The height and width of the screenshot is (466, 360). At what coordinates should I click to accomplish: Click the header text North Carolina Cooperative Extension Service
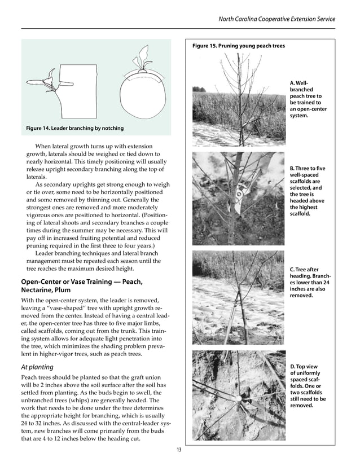point(276,19)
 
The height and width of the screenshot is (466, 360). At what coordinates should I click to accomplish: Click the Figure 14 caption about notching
point(74,128)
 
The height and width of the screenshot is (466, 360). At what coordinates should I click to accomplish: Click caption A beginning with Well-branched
point(308,99)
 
